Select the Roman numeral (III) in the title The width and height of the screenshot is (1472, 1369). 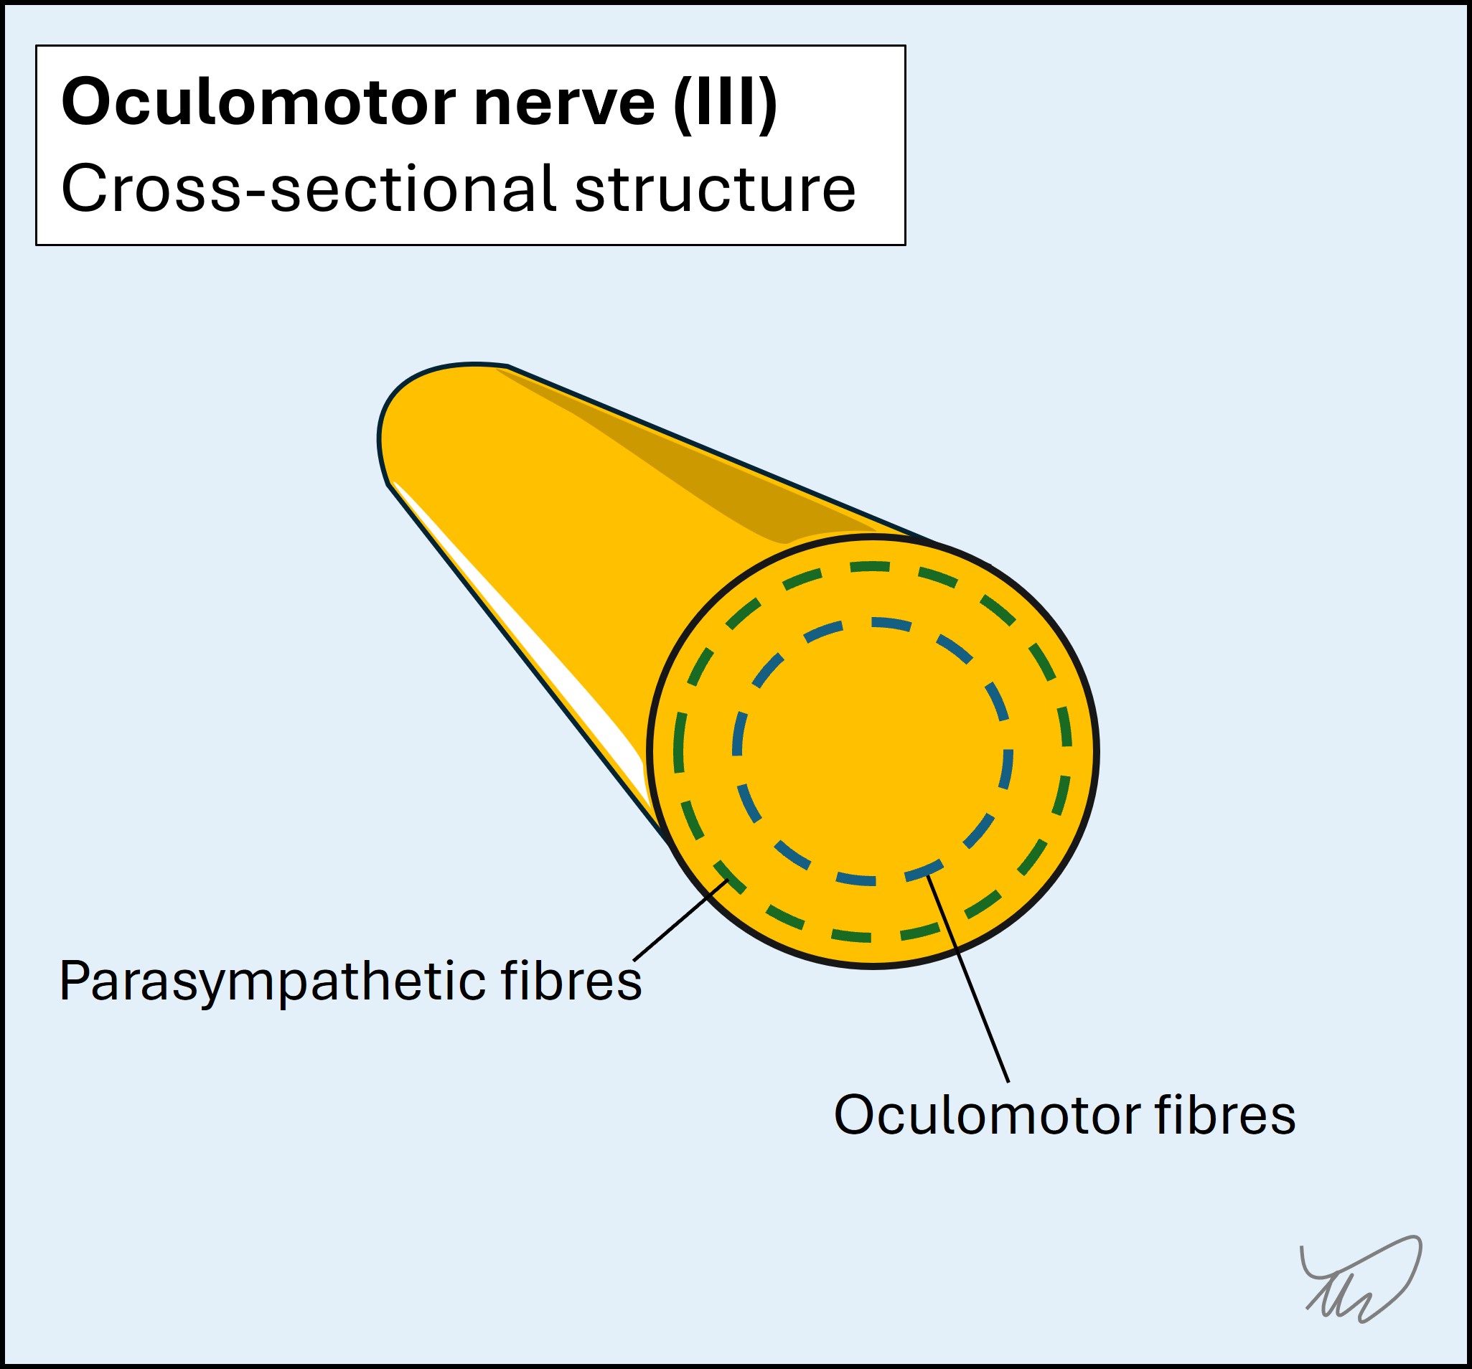pos(725,103)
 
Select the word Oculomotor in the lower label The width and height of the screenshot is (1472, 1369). pos(985,1115)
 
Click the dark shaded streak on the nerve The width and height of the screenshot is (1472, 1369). pos(688,474)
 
